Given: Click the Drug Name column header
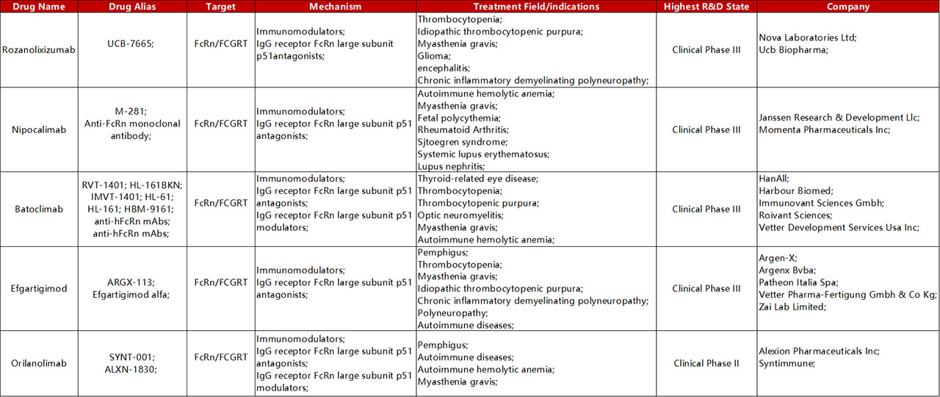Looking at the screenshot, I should pos(39,7).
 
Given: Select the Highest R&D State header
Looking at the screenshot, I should pos(706,7).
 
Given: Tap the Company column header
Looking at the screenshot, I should pos(847,7).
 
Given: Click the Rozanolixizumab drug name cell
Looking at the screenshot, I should pos(39,50).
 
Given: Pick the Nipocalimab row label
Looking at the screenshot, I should pos(39,129).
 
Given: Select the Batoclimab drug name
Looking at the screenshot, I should pos(39,209).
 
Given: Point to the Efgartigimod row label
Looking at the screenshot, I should pos(39,288).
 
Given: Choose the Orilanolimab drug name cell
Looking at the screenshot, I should pos(39,363).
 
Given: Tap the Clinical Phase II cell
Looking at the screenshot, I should pos(706,363).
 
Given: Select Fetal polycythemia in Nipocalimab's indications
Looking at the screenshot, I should pos(458,118).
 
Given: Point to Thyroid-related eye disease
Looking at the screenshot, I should pos(477,179).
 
